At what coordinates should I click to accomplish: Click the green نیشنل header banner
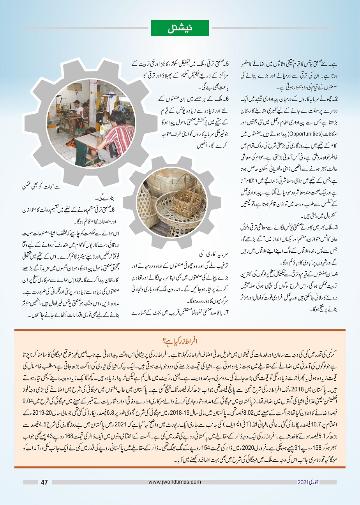180,28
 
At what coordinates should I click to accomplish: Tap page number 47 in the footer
44,482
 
